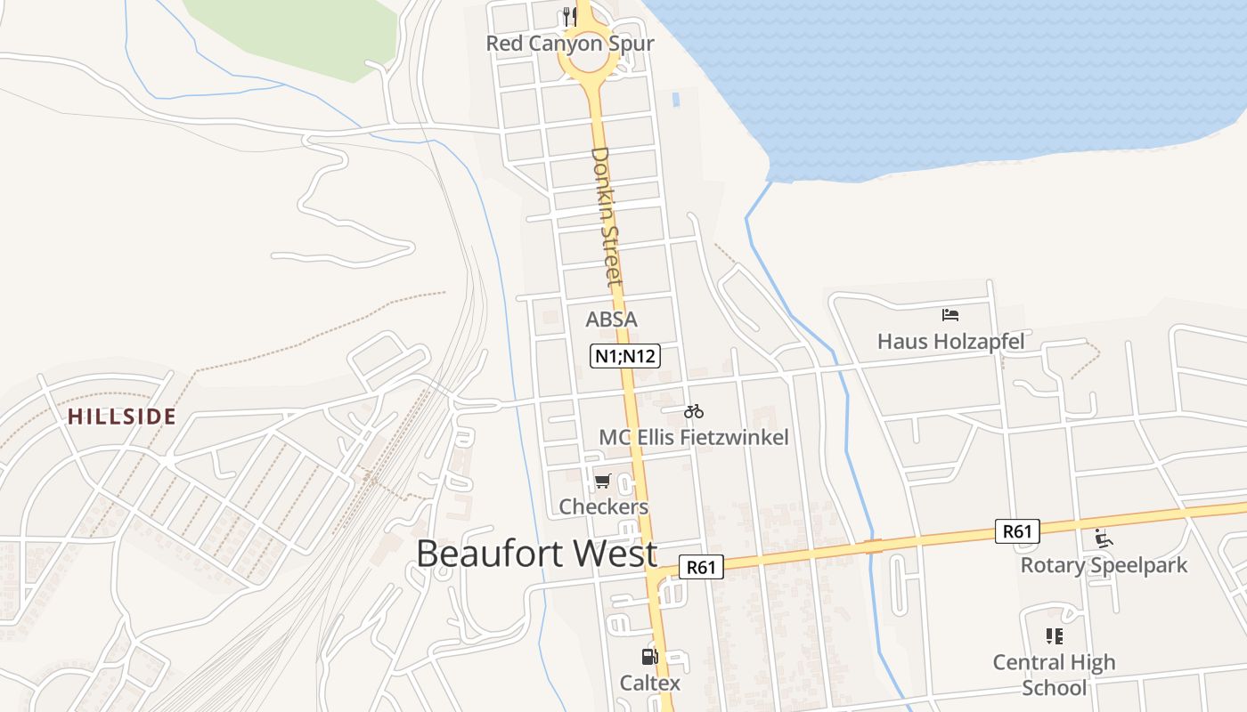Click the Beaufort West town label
536,554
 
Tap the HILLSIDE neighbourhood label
122,417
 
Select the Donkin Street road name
605,217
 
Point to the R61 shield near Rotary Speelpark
1016,532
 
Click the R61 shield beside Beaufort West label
701,567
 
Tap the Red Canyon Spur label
570,44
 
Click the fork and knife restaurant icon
570,16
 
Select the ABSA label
611,320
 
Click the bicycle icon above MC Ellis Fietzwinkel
694,411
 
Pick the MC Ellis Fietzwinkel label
694,437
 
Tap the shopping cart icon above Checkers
602,481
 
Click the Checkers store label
604,507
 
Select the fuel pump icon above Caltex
649,658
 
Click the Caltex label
650,684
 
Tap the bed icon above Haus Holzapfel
950,315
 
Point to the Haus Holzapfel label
950,342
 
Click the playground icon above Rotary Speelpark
1104,538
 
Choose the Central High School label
1054,675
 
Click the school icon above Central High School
1055,636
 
